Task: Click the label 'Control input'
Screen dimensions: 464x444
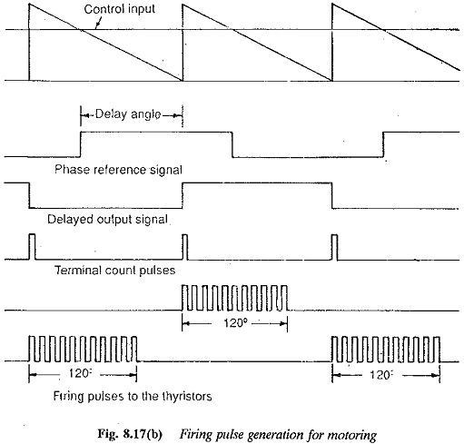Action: pos(119,9)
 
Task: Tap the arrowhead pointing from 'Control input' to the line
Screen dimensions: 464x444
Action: pos(96,26)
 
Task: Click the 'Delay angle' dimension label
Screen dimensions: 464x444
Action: pos(128,114)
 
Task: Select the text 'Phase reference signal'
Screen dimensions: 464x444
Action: pos(118,170)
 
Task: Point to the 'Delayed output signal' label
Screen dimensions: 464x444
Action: pos(107,219)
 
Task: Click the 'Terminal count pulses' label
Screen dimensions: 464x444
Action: pos(114,270)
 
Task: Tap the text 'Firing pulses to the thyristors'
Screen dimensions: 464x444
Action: pos(133,396)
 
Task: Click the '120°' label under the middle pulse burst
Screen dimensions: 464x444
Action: pos(233,323)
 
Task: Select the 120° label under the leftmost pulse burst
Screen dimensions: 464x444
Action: pos(79,374)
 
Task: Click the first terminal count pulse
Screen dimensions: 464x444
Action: pos(32,247)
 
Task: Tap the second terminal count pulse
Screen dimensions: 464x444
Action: pos(185,247)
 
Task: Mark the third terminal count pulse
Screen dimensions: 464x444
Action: pos(335,247)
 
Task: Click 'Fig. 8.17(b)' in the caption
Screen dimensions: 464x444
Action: pos(130,434)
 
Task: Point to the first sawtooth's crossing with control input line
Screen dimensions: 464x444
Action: pos(80,29)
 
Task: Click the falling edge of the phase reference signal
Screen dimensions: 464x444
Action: pos(232,144)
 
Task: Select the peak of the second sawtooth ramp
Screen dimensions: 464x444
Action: pos(182,4)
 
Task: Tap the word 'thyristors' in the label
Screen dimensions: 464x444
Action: pos(187,396)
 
